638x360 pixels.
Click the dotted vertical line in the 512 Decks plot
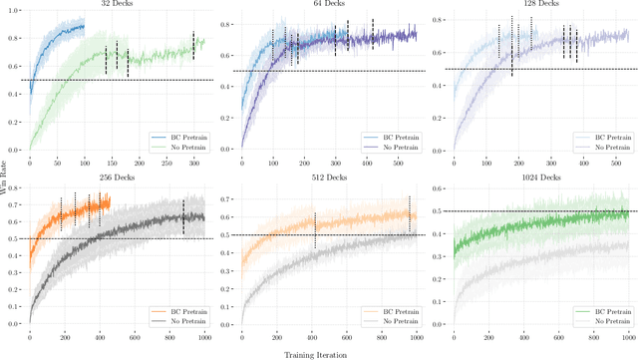click(x=315, y=229)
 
